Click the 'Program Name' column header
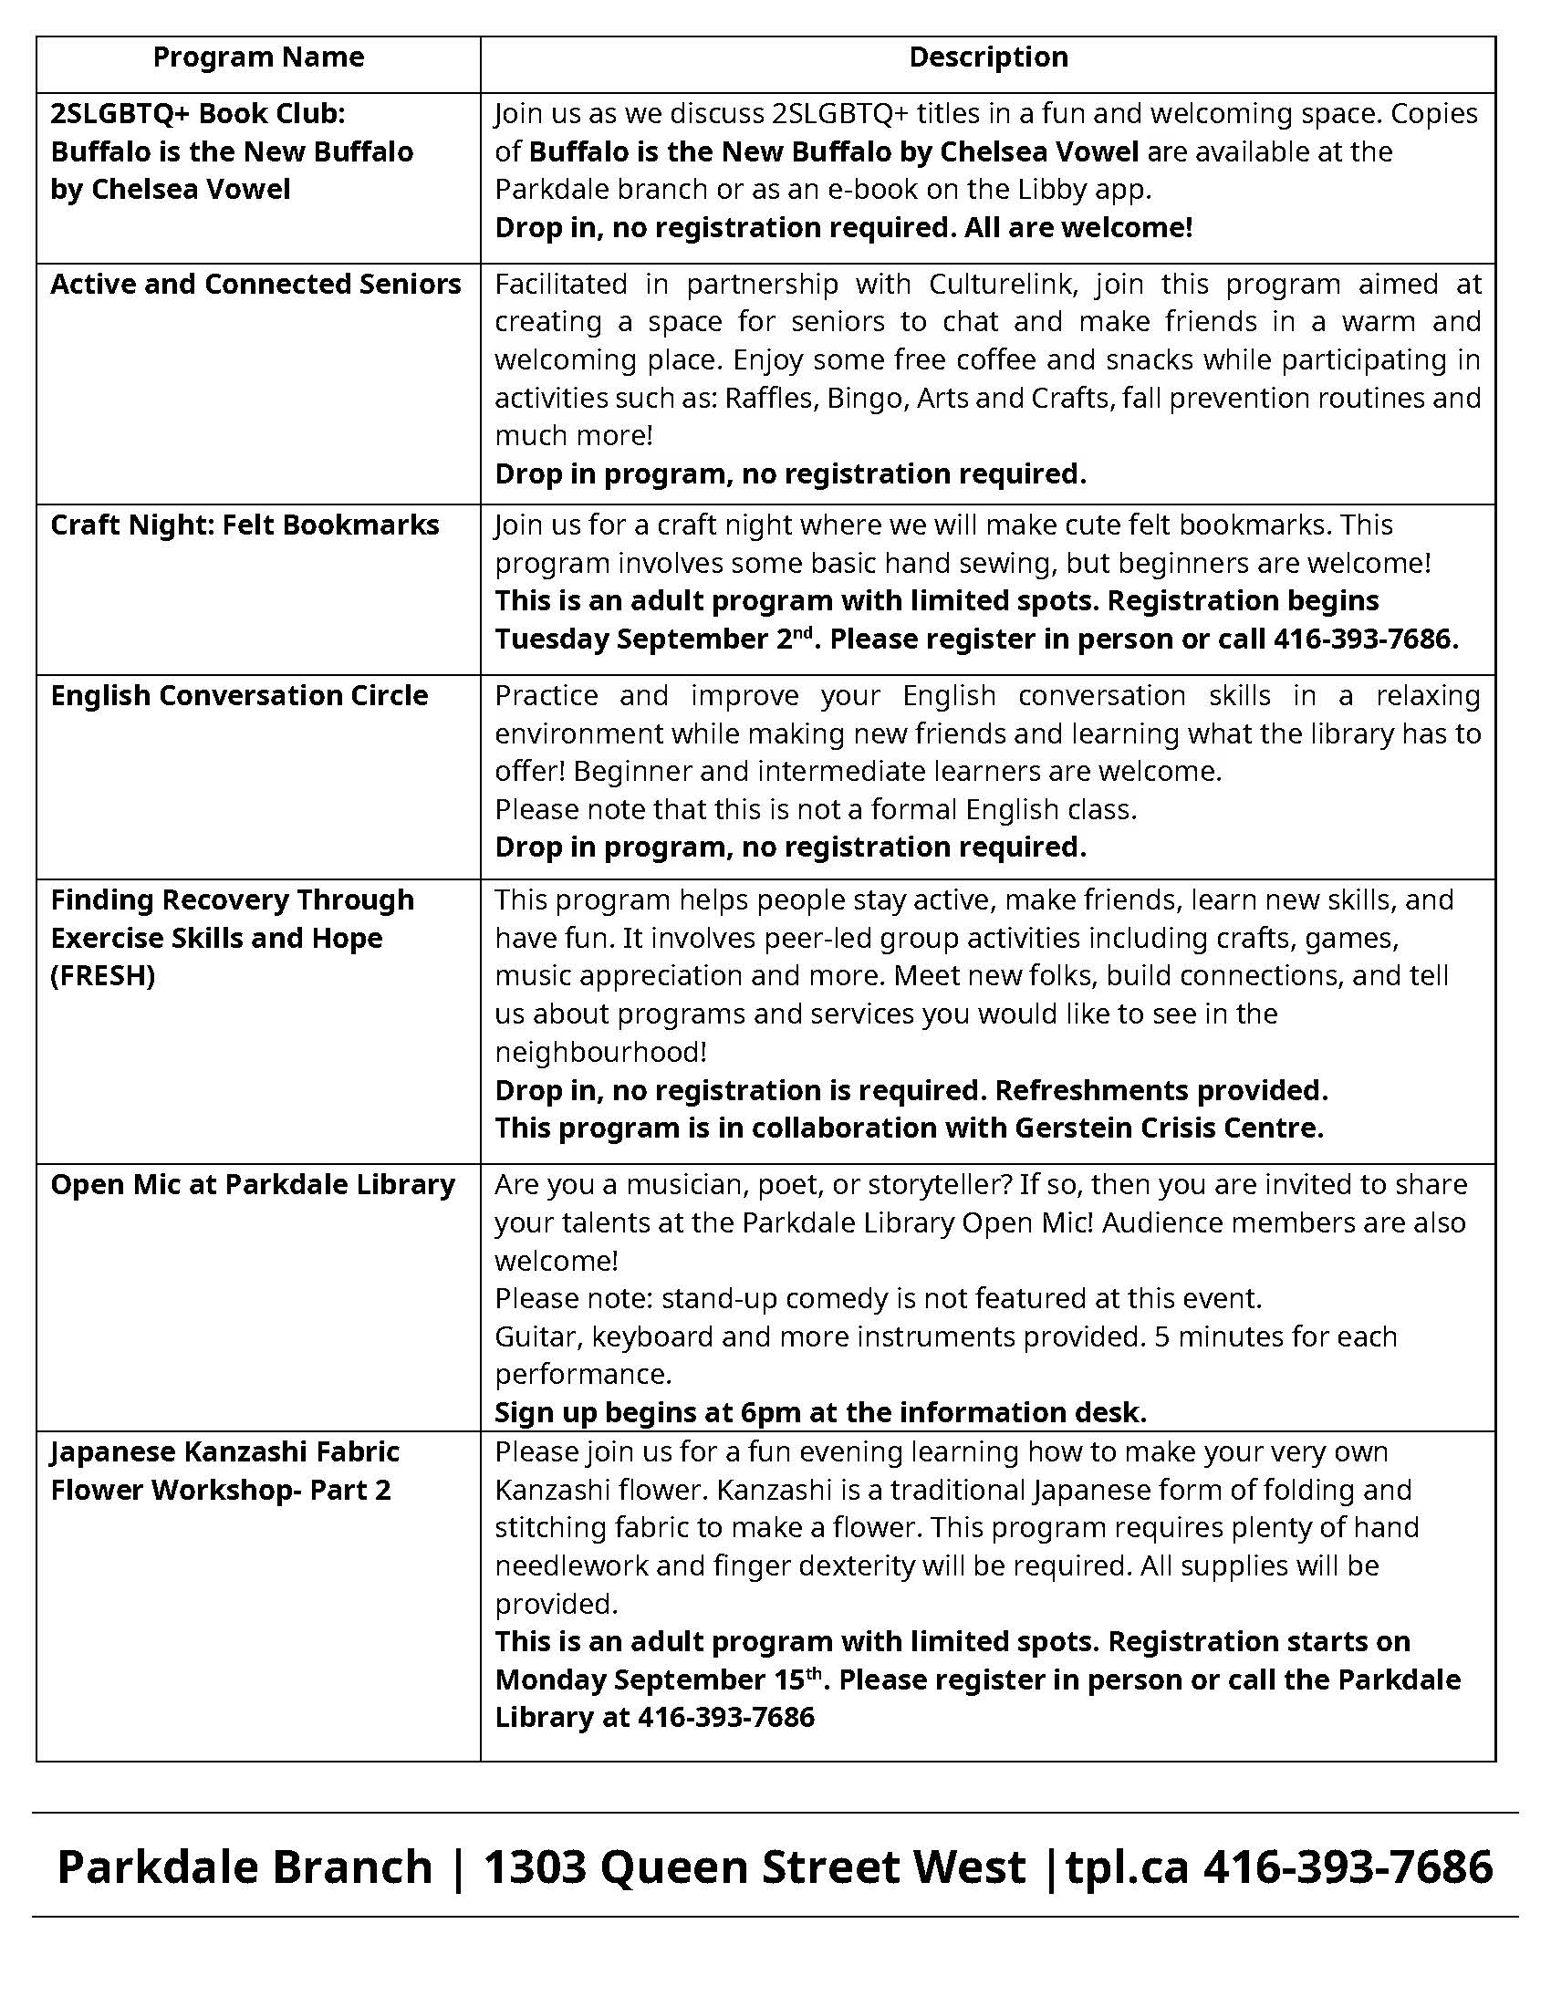click(258, 57)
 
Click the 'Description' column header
click(988, 57)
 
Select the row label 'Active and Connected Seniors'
click(255, 285)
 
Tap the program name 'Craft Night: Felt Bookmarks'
click(245, 525)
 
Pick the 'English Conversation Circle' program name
click(239, 696)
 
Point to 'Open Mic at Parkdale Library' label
click(253, 1185)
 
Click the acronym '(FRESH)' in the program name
click(103, 976)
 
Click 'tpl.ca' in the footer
click(1128, 1867)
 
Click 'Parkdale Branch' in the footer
click(245, 1867)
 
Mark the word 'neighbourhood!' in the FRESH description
click(601, 1052)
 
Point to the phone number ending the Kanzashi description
click(726, 1718)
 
